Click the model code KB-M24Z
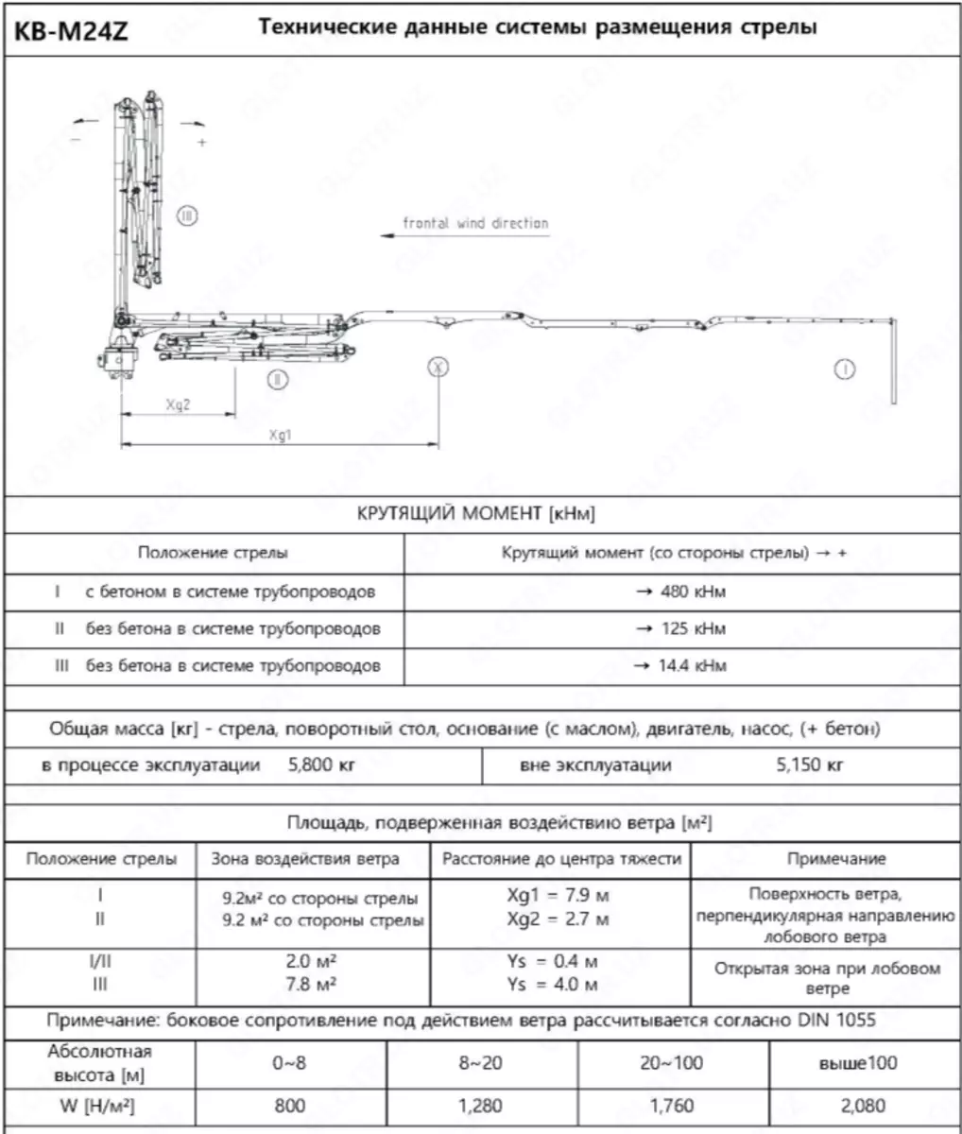point(72,31)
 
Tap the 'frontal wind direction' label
point(475,224)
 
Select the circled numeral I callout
point(844,369)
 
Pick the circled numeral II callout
point(276,380)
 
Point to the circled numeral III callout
point(187,216)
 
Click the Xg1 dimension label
point(280,435)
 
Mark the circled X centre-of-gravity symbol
point(438,368)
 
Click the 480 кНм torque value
point(679,593)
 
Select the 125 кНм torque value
point(679,629)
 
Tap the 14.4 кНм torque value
point(679,666)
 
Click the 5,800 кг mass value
point(321,765)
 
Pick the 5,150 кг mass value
point(810,765)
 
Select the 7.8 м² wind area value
point(313,984)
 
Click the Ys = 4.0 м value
point(553,984)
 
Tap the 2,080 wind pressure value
point(863,1106)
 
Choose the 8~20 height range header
point(481,1063)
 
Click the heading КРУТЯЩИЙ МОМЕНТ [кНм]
point(476,514)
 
